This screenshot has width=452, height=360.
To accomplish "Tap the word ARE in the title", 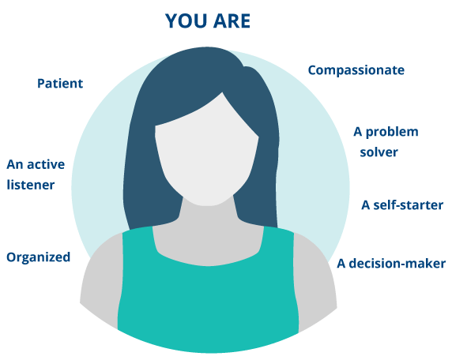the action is [232, 21].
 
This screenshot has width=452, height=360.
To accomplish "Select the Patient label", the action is [60, 84].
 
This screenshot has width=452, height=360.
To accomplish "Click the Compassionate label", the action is [356, 70].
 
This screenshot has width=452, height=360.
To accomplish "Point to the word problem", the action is [392, 132].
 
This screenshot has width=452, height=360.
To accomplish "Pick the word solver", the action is [379, 152].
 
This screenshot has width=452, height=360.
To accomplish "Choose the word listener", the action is [31, 185].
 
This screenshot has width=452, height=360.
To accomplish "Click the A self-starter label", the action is [402, 205].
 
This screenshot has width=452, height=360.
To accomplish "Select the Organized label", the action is [39, 257].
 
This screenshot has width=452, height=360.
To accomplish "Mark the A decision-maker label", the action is [391, 264].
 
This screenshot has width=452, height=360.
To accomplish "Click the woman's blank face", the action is [206, 156].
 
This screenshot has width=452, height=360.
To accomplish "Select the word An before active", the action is [15, 164].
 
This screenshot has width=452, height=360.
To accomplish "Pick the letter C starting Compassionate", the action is [312, 70].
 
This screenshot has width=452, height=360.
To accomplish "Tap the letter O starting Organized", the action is [12, 257].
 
